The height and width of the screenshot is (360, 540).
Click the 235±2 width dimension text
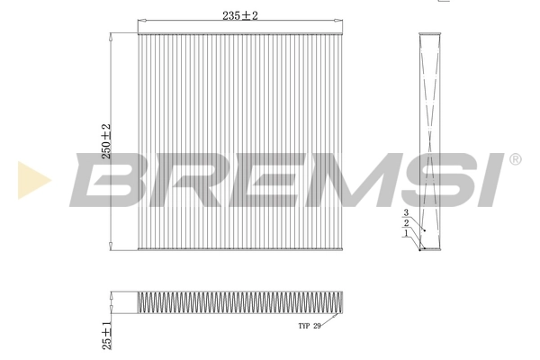(x=241, y=15)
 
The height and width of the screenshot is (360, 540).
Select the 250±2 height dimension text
(x=105, y=141)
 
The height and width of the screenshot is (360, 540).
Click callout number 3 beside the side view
(x=406, y=212)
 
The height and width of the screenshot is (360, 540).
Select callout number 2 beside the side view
(x=406, y=222)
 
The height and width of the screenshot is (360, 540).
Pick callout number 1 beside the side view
(x=406, y=232)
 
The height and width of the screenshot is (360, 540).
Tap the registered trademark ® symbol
(x=515, y=159)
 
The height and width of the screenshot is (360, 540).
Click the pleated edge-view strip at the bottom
(x=240, y=303)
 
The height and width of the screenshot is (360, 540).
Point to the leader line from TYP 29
(x=331, y=319)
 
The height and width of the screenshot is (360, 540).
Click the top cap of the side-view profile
(x=431, y=34)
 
